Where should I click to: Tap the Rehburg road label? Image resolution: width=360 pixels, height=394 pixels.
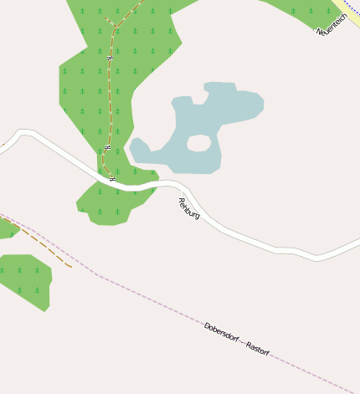(189, 208)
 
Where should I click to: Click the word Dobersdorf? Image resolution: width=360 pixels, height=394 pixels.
(221, 332)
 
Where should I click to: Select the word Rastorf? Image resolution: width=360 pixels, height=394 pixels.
(258, 350)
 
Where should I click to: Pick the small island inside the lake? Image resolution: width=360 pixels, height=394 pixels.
(198, 143)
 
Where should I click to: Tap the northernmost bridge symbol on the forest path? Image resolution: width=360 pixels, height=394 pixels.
(110, 57)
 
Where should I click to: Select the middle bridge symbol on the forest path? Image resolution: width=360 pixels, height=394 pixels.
(107, 147)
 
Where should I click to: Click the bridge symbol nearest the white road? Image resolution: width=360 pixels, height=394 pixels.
(112, 178)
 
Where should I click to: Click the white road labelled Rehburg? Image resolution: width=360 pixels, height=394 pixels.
(251, 240)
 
